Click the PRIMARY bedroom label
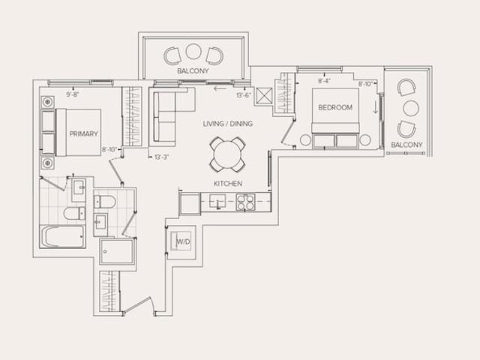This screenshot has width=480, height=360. pyautogui.click(x=83, y=133)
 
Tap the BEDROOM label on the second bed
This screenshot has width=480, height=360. pyautogui.click(x=335, y=107)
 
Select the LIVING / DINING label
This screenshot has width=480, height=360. pyautogui.click(x=228, y=124)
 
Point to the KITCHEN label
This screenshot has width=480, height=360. pyautogui.click(x=228, y=184)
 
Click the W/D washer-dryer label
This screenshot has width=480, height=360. pyautogui.click(x=183, y=241)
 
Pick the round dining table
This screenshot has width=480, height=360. pyautogui.click(x=227, y=154)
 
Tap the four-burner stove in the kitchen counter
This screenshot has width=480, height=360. pyautogui.click(x=245, y=202)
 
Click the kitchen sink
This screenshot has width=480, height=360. pyautogui.click(x=217, y=201)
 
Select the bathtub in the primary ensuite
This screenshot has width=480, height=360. pyautogui.click(x=62, y=237)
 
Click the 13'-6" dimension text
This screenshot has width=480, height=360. pyautogui.click(x=244, y=95)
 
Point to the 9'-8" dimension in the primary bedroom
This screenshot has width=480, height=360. pyautogui.click(x=73, y=94)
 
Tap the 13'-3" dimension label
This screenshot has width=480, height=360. pyautogui.click(x=162, y=157)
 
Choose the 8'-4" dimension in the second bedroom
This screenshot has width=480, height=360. pyautogui.click(x=324, y=81)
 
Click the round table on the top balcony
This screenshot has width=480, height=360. pyautogui.click(x=193, y=52)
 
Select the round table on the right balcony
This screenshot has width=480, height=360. pyautogui.click(x=411, y=108)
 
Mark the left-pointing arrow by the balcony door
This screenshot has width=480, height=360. pyautogui.click(x=220, y=88)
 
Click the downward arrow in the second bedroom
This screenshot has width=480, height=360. pyautogui.click(x=376, y=107)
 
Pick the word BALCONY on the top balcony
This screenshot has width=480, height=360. pyautogui.click(x=193, y=70)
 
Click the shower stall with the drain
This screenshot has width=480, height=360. pyautogui.click(x=117, y=251)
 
